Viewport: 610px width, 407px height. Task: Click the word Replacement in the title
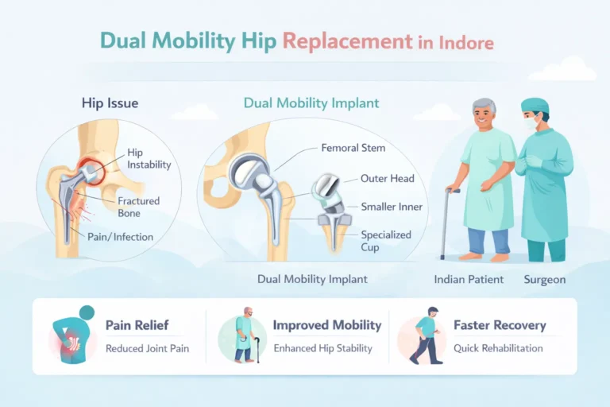click(347, 41)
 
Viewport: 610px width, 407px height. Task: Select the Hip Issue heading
click(110, 103)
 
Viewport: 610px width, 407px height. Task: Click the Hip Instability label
click(149, 158)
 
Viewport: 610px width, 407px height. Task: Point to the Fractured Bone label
click(140, 207)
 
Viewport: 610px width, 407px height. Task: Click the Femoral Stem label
click(353, 148)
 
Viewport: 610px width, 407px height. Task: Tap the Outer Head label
click(387, 178)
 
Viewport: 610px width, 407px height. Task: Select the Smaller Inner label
click(392, 207)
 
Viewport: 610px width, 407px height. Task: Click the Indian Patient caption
click(468, 280)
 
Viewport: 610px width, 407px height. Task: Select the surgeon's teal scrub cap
click(535, 105)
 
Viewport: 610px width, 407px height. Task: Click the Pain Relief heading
click(137, 325)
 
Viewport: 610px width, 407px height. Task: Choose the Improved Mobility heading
click(326, 325)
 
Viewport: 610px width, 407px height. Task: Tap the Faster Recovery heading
click(500, 325)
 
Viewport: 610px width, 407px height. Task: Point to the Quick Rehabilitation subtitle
click(498, 347)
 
